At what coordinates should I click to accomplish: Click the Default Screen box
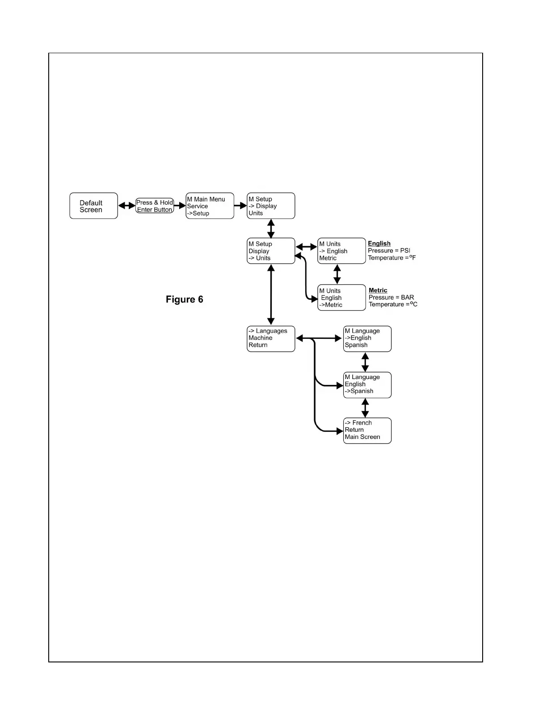[x=93, y=206]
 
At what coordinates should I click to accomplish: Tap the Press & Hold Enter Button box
[x=155, y=206]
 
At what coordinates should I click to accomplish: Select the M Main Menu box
[x=210, y=206]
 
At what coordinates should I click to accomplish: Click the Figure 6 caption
[x=184, y=299]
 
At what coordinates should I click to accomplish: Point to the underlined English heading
[x=379, y=244]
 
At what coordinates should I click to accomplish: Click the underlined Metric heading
[x=378, y=291]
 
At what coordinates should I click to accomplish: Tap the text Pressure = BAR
[x=391, y=298]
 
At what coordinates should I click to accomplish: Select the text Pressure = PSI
[x=388, y=251]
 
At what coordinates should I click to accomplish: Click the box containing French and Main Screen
[x=367, y=430]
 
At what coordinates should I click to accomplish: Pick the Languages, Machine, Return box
[x=271, y=339]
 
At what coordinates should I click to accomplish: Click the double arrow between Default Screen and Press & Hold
[x=126, y=206]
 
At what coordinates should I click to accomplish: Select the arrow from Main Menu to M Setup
[x=240, y=206]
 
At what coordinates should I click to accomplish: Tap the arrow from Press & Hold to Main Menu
[x=180, y=206]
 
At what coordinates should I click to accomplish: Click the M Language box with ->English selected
[x=367, y=339]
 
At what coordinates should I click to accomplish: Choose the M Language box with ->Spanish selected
[x=367, y=385]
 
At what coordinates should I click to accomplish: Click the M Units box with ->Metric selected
[x=341, y=298]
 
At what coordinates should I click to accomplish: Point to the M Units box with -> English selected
[x=341, y=251]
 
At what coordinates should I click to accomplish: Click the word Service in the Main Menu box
[x=198, y=206]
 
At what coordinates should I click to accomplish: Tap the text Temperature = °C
[x=393, y=304]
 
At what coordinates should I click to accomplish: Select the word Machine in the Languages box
[x=261, y=338]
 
